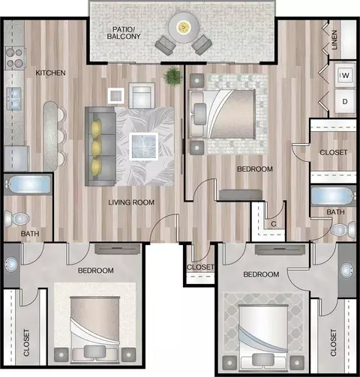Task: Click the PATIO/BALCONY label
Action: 124,33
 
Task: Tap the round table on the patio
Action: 184,27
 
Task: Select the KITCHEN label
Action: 50,73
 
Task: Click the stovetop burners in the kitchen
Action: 15,58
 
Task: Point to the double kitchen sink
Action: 13,98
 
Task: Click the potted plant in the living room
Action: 173,76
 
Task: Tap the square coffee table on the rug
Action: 144,146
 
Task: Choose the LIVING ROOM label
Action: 131,202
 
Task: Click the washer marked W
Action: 345,75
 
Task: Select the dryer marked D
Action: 345,101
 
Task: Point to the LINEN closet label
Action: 334,40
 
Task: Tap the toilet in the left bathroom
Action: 16,219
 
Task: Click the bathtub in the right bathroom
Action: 333,196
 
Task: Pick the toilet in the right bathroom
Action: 343,229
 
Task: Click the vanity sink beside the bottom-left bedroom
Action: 11,265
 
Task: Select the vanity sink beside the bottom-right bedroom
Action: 348,270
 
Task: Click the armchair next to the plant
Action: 142,95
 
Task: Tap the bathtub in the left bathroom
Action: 28,184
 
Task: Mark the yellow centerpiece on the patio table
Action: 184,27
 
